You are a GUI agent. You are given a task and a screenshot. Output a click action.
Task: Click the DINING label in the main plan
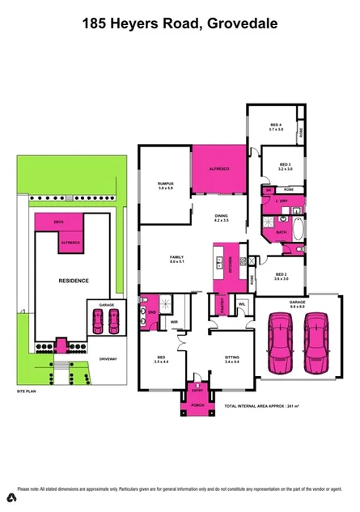click(221, 216)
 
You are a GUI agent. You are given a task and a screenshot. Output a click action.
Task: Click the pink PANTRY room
click(222, 303)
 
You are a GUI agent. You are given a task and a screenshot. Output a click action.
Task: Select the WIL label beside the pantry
click(242, 304)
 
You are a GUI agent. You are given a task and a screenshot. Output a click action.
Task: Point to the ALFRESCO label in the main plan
click(221, 168)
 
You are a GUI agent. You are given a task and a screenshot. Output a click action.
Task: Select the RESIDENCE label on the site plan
click(73, 281)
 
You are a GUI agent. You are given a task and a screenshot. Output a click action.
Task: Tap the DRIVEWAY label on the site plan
click(108, 358)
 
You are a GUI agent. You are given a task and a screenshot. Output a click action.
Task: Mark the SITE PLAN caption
click(27, 391)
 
